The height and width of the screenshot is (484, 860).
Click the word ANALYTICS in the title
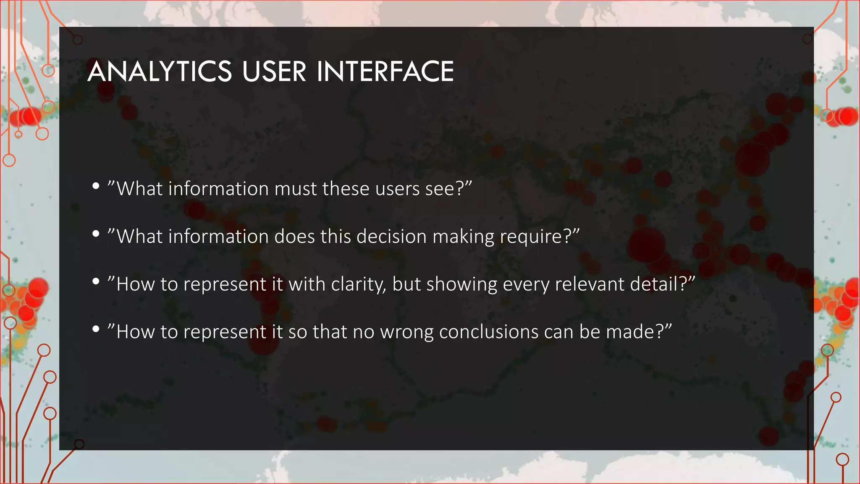[160, 71]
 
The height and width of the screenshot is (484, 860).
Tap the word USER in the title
[274, 71]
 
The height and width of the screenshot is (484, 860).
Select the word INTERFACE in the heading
[385, 71]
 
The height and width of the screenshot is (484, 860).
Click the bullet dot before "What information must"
[96, 186]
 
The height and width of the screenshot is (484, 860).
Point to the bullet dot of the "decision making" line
[96, 234]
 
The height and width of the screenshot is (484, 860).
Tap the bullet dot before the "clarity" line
[96, 281]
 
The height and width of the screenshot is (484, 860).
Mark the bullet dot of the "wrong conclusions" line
[96, 329]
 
